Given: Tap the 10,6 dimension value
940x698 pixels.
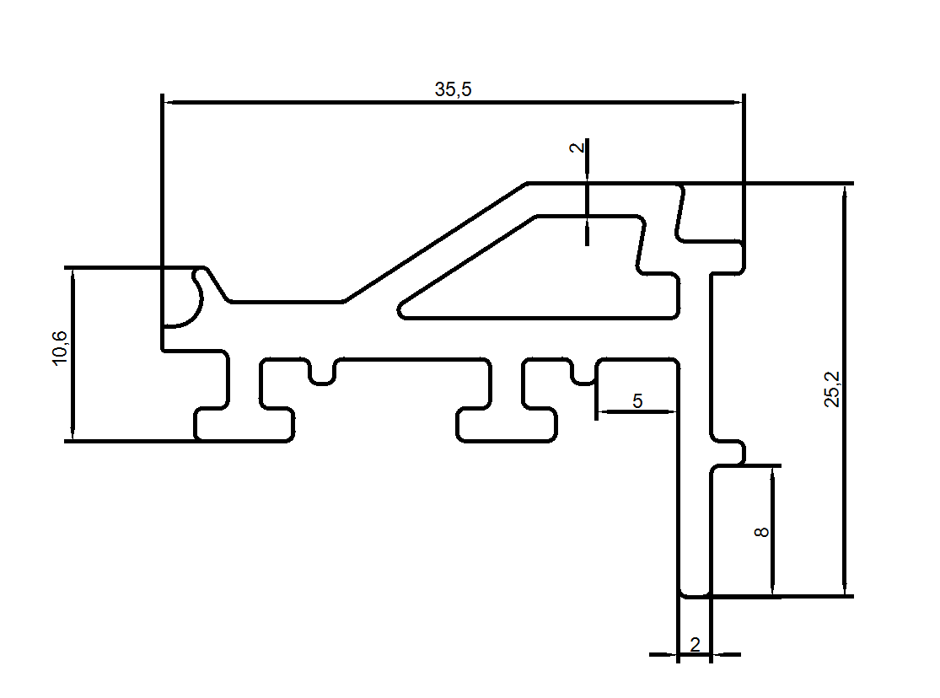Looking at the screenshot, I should pyautogui.click(x=60, y=347).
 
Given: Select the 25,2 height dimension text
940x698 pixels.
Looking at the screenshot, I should pyautogui.click(x=832, y=389).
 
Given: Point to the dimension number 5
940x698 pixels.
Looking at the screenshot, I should pyautogui.click(x=637, y=400).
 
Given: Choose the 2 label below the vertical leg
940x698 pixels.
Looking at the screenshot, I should pyautogui.click(x=695, y=645).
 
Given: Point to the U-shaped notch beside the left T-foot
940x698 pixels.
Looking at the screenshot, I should pyautogui.click(x=321, y=371).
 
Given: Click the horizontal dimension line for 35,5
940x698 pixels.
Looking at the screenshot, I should pyautogui.click(x=337, y=103).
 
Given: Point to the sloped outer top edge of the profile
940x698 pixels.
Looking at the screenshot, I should pyautogui.click(x=434, y=241).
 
